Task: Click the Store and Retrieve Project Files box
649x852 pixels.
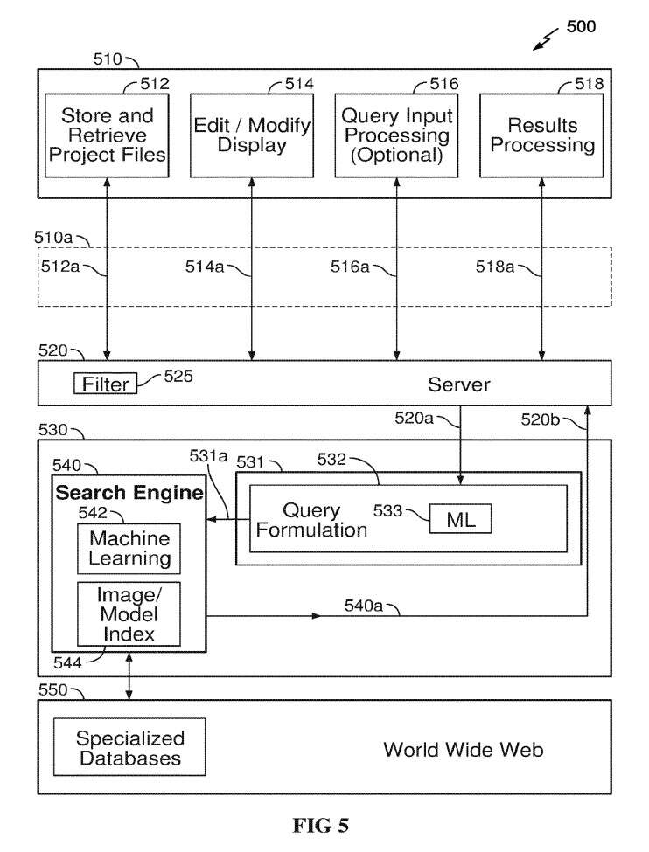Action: pyautogui.click(x=108, y=135)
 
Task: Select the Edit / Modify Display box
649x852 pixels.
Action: pyautogui.click(x=252, y=135)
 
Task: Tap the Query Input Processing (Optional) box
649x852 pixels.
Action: pyautogui.click(x=395, y=135)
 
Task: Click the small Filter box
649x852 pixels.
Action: pyautogui.click(x=105, y=384)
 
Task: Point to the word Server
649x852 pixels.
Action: pyautogui.click(x=458, y=384)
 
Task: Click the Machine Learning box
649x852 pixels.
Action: pyautogui.click(x=129, y=548)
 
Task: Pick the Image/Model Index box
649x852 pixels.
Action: pyautogui.click(x=129, y=612)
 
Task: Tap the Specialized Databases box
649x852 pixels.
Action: pyautogui.click(x=130, y=747)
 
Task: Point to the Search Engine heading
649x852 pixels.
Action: pyautogui.click(x=129, y=493)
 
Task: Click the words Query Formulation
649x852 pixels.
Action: pyautogui.click(x=312, y=520)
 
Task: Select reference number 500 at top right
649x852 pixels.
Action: pyautogui.click(x=581, y=26)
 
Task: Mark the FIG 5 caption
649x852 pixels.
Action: pyautogui.click(x=324, y=826)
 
